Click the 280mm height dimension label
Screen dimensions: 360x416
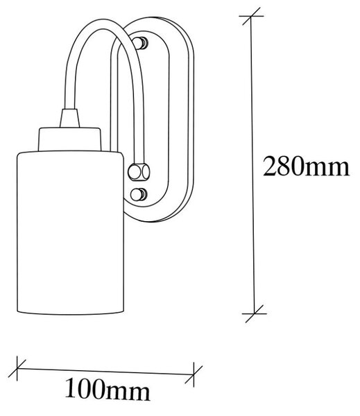tap(306, 166)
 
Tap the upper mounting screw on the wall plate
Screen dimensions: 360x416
tap(140, 42)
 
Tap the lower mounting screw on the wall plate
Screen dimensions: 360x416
tap(138, 195)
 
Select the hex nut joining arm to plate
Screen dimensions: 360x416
tap(139, 172)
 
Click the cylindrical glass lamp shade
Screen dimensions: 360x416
tap(70, 233)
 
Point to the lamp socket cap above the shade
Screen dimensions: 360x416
tap(69, 139)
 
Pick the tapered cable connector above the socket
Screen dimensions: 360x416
tap(69, 118)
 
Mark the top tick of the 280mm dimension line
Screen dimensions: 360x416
tap(251, 17)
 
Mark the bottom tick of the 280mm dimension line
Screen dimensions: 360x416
tap(255, 313)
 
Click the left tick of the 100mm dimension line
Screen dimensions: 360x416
tap(17, 368)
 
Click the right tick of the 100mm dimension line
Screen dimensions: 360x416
tap(194, 374)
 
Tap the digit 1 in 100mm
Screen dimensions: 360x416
tap(71, 390)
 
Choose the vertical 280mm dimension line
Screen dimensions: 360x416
tap(252, 165)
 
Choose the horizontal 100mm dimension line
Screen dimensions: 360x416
tap(105, 372)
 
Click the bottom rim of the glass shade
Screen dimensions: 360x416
tap(70, 313)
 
